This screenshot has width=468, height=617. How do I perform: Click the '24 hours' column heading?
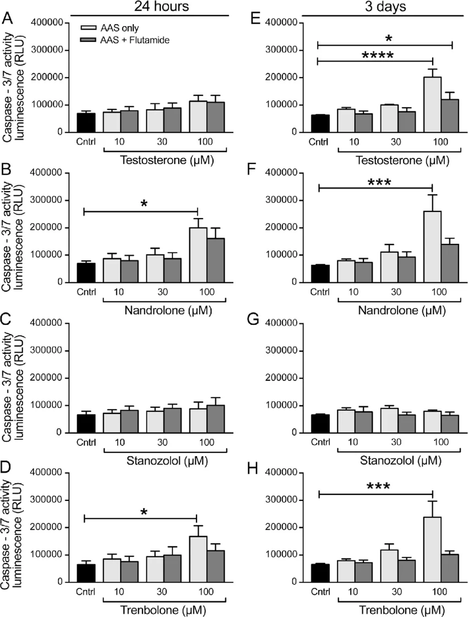161,6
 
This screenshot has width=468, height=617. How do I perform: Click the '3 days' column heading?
385,6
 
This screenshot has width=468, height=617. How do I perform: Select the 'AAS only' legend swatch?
88,28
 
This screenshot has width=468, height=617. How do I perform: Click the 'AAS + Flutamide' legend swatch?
88,40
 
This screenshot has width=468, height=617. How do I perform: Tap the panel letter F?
252,169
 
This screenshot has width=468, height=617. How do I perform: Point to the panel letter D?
7,469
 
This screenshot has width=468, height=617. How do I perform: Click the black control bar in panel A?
86,123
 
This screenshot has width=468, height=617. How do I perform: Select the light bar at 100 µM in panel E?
432,105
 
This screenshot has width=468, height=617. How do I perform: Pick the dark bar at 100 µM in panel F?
450,263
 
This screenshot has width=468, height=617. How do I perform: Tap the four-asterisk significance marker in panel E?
378,55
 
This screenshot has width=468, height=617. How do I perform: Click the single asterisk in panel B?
144,204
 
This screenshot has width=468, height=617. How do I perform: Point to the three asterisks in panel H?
378,487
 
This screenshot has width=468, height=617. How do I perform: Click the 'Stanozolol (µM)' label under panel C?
167,460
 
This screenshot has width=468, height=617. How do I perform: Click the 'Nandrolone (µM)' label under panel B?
168,310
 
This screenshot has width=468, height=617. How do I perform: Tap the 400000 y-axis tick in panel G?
281,324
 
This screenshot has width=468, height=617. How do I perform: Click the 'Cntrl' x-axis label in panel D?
86,592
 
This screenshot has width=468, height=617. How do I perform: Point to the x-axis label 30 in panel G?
396,442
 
